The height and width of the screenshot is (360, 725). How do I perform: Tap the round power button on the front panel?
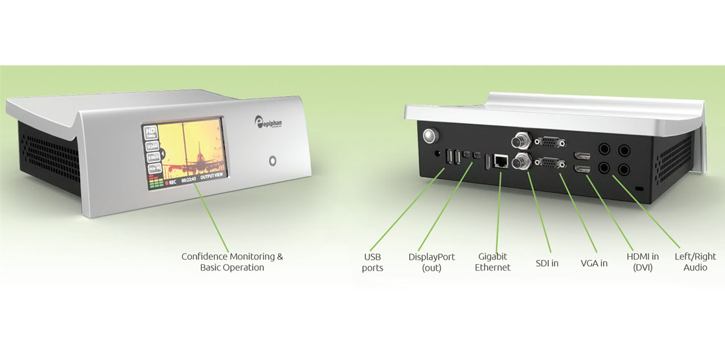[272, 161]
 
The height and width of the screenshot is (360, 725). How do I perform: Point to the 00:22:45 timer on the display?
[188, 179]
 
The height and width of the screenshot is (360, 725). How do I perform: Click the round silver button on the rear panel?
[429, 136]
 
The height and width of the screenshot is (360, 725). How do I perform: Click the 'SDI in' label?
[547, 263]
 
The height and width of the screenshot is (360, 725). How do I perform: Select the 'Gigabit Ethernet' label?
[492, 262]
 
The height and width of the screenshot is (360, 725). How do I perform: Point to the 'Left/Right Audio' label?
[695, 262]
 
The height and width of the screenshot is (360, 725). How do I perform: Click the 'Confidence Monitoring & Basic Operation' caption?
[232, 262]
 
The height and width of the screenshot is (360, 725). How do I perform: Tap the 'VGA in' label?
[594, 263]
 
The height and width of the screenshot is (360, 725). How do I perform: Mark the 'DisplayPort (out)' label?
[431, 263]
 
